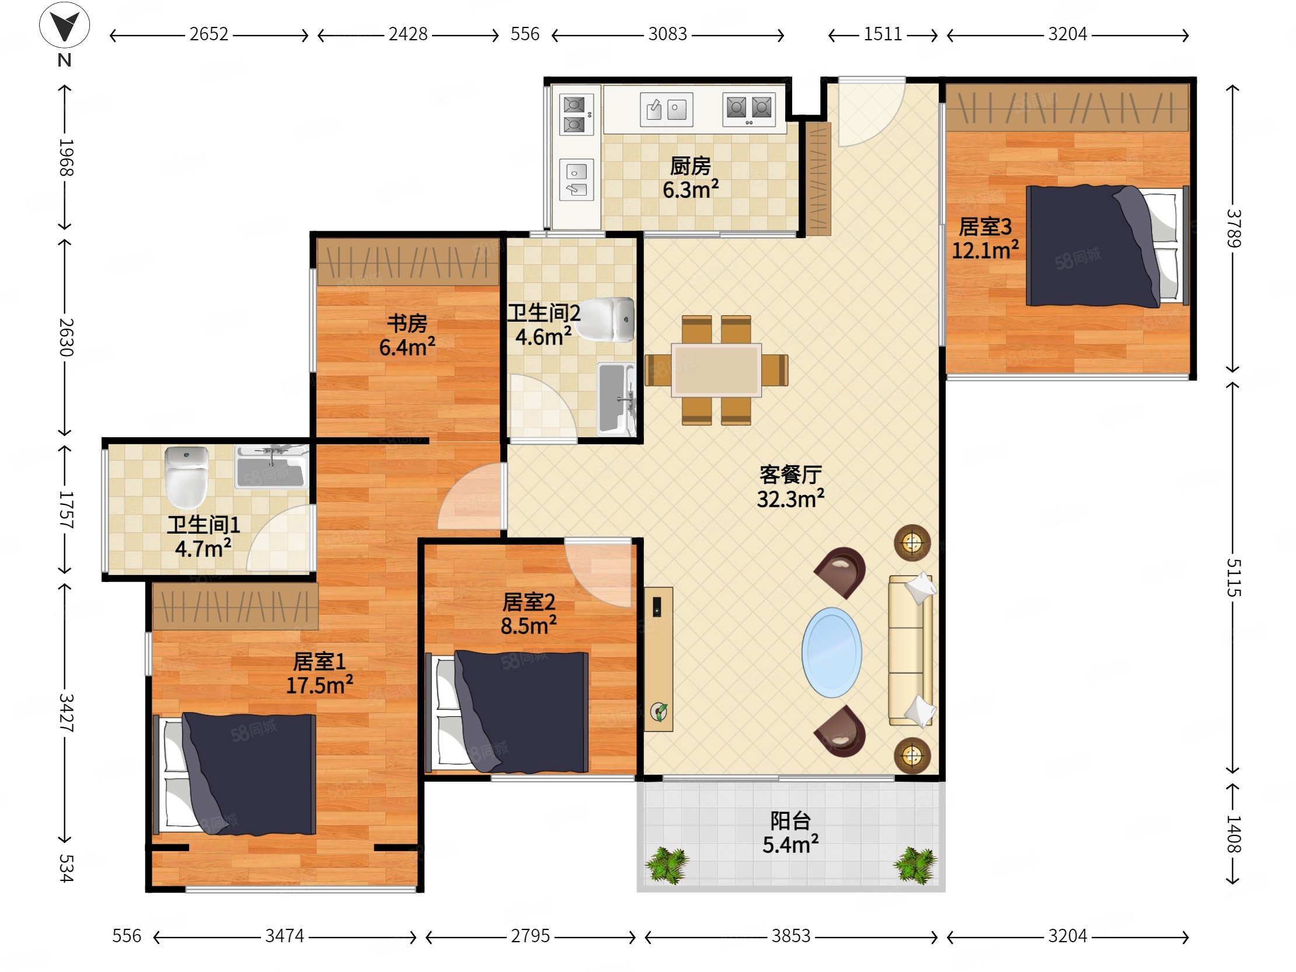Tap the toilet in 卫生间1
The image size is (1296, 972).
tap(187, 477)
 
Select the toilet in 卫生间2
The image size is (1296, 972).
tap(606, 320)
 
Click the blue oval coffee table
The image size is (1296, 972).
tap(831, 653)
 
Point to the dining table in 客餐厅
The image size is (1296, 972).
tap(716, 370)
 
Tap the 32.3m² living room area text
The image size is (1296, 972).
tap(790, 499)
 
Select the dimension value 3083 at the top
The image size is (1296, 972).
tap(667, 34)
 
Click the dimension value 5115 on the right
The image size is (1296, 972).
tap(1233, 578)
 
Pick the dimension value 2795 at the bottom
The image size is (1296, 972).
tap(530, 936)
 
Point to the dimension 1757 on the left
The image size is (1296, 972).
tap(65, 510)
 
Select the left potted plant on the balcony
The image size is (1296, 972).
tap(667, 865)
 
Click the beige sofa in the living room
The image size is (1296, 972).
tap(912, 651)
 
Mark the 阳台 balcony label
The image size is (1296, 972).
tap(790, 821)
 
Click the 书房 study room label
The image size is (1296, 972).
tap(407, 323)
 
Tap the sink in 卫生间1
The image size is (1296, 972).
tap(272, 467)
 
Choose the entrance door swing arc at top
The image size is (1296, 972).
tap(871, 113)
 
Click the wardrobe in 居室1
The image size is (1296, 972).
tap(235, 606)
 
